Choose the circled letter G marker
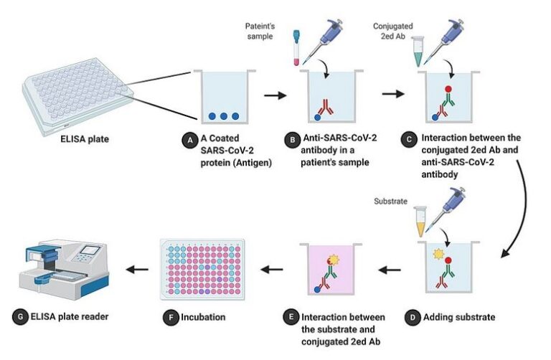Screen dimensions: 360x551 (x=17, y=316)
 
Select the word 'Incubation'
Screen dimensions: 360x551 (x=204, y=316)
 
